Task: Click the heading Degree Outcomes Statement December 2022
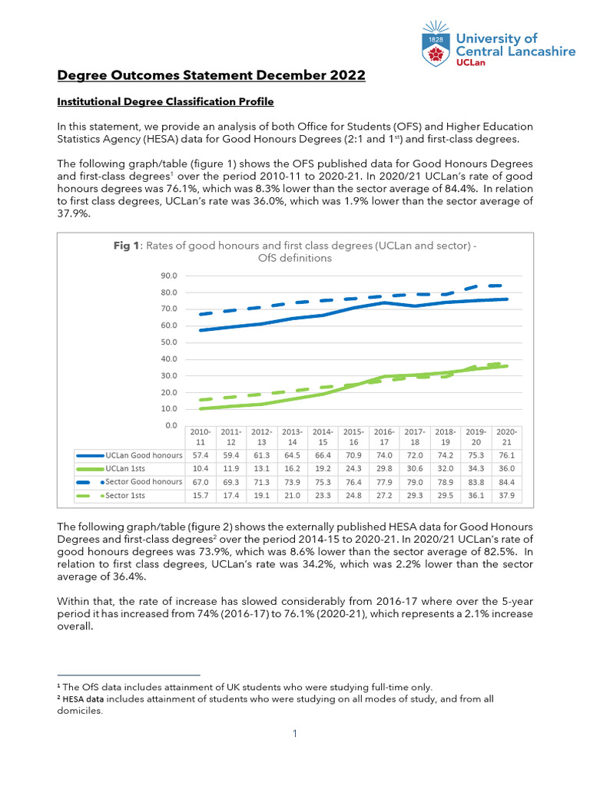tap(212, 75)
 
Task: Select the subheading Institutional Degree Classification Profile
tap(166, 101)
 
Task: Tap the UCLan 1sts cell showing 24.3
tap(353, 469)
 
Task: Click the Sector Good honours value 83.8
tap(476, 482)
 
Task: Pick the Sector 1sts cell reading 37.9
tap(506, 496)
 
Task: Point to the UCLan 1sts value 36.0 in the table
tap(506, 469)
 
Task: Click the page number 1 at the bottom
tap(294, 734)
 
